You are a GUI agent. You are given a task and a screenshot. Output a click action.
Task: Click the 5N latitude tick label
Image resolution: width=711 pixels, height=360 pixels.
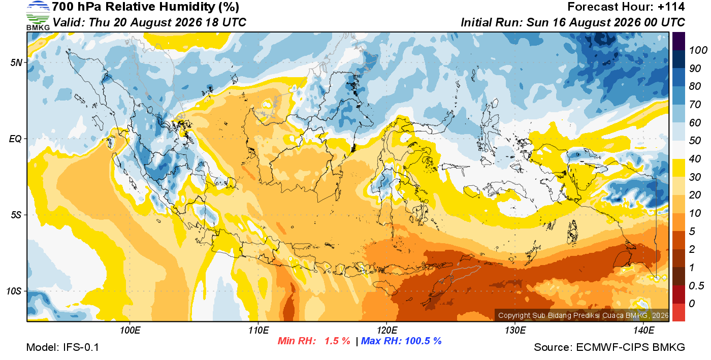click(16, 62)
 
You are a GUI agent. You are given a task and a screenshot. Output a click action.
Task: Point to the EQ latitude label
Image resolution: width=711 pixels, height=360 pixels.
click(16, 139)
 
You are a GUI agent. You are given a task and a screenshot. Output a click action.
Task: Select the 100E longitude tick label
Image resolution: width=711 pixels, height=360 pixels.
click(130, 330)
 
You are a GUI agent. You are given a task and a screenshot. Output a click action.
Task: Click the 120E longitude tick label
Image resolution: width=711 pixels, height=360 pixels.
click(386, 330)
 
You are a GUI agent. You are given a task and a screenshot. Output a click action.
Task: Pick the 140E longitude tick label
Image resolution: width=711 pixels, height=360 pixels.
click(643, 330)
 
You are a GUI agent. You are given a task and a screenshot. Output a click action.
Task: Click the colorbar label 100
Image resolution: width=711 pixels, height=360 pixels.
click(698, 50)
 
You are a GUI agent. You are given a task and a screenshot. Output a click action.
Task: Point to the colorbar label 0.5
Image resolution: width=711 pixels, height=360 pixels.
click(696, 286)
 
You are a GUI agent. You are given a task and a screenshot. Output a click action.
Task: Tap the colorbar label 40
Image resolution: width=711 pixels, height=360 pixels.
click(695, 159)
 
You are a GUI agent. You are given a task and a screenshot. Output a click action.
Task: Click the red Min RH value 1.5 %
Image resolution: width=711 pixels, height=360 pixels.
click(337, 341)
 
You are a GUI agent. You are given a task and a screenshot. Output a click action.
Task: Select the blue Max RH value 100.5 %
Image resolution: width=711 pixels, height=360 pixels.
click(424, 341)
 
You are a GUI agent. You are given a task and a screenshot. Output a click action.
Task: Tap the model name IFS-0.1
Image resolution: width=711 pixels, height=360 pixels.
click(81, 347)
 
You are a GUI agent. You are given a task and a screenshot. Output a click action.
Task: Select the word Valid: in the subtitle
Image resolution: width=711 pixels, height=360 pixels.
click(69, 22)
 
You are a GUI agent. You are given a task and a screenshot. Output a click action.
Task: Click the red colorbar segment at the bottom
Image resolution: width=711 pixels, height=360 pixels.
click(678, 312)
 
